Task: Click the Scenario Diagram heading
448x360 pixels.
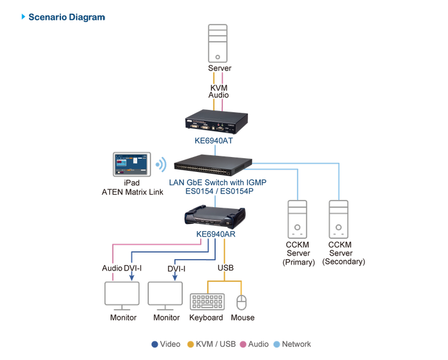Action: tap(66, 17)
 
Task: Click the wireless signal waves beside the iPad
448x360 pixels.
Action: tap(160, 164)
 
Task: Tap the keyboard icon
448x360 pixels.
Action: tap(207, 302)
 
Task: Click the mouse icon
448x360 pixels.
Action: tap(241, 303)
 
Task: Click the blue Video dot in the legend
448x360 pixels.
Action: tap(154, 344)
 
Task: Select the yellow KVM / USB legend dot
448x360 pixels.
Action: tap(191, 344)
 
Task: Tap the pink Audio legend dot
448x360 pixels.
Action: tap(243, 344)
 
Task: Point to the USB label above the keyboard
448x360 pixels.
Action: tap(226, 269)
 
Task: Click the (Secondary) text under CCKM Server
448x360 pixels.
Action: tap(343, 261)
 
